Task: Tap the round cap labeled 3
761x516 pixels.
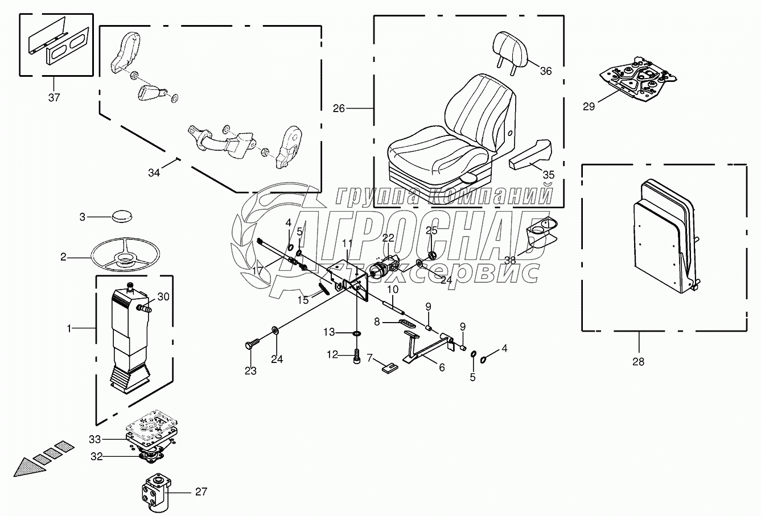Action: point(122,216)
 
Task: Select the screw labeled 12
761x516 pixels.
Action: point(356,356)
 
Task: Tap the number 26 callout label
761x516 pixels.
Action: point(339,108)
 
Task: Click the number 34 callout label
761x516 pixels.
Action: point(154,173)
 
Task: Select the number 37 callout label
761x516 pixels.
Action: point(54,98)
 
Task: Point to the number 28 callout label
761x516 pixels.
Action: point(639,362)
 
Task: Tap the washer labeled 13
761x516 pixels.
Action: point(357,333)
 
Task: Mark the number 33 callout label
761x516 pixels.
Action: point(95,440)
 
